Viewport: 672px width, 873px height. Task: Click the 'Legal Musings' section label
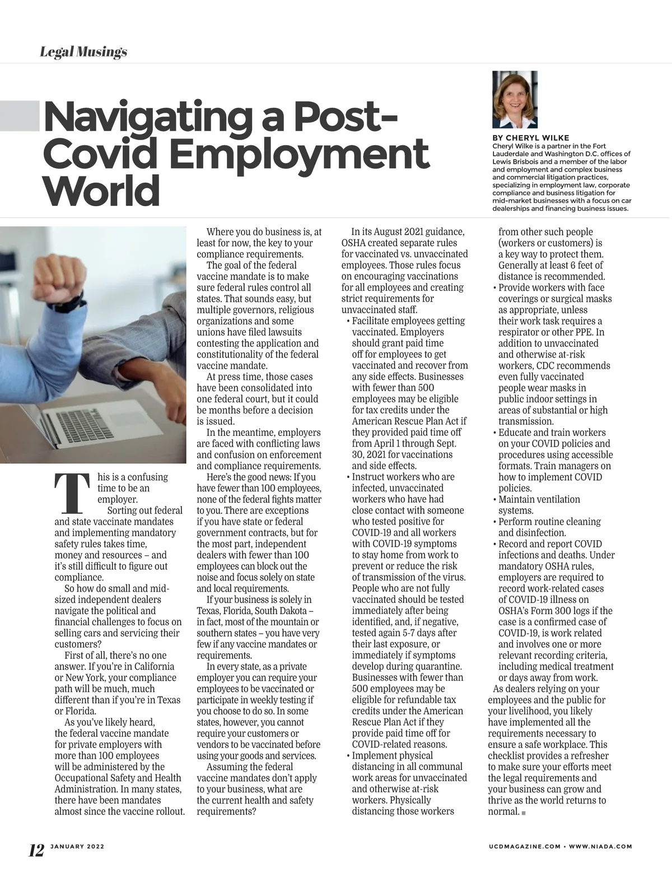(83, 52)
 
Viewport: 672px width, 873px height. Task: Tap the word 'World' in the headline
(101, 191)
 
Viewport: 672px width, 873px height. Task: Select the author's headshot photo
(515, 100)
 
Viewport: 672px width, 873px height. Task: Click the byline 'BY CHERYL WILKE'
(530, 138)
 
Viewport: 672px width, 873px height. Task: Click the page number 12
(36, 850)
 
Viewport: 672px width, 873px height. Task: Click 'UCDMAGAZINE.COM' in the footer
(524, 847)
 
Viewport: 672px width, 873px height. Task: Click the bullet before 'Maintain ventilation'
(494, 500)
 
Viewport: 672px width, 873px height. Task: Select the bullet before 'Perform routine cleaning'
(494, 522)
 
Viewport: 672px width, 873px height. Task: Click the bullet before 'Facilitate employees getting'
(348, 322)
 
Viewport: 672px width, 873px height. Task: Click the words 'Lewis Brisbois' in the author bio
(515, 161)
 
